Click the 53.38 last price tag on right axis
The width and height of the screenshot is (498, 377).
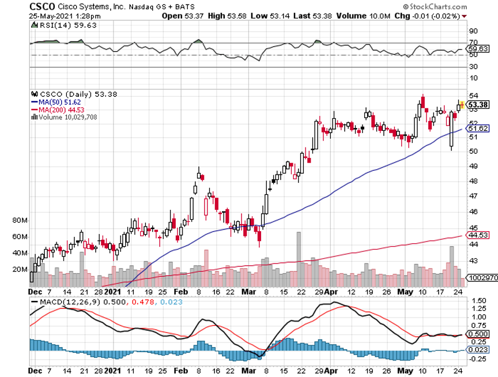coord(478,104)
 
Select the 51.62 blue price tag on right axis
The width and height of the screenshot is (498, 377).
coord(478,128)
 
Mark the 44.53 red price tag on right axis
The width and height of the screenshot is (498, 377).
coord(478,235)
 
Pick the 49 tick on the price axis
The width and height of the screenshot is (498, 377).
coord(473,167)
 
